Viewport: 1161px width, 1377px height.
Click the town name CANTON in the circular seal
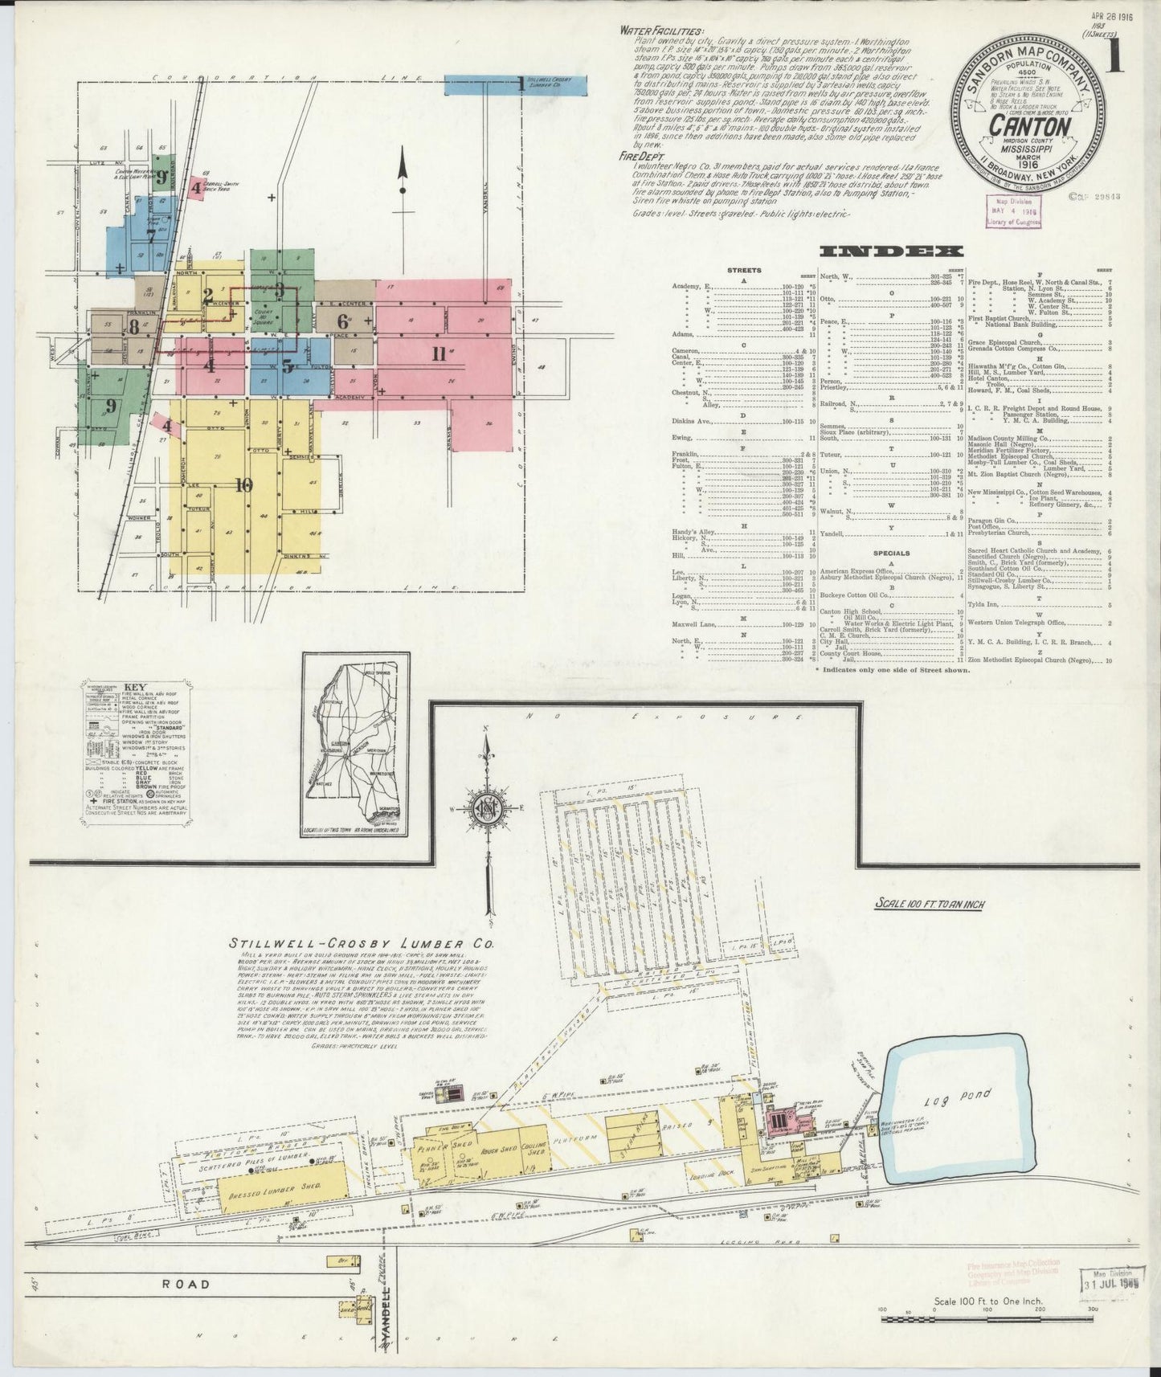click(1029, 127)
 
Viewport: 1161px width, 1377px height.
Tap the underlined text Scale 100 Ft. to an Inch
click(929, 904)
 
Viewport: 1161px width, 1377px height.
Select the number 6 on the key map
click(343, 321)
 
